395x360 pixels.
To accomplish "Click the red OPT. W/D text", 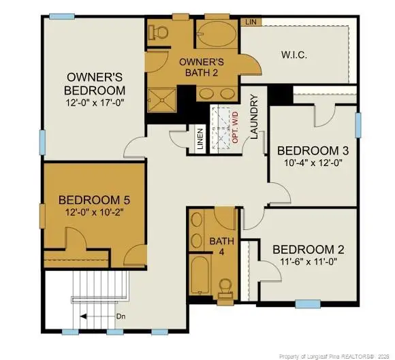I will coord(236,127).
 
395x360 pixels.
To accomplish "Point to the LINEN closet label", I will coord(200,140).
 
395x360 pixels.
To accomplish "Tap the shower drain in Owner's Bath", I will coord(163,101).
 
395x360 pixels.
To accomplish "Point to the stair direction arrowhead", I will coord(82,315).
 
